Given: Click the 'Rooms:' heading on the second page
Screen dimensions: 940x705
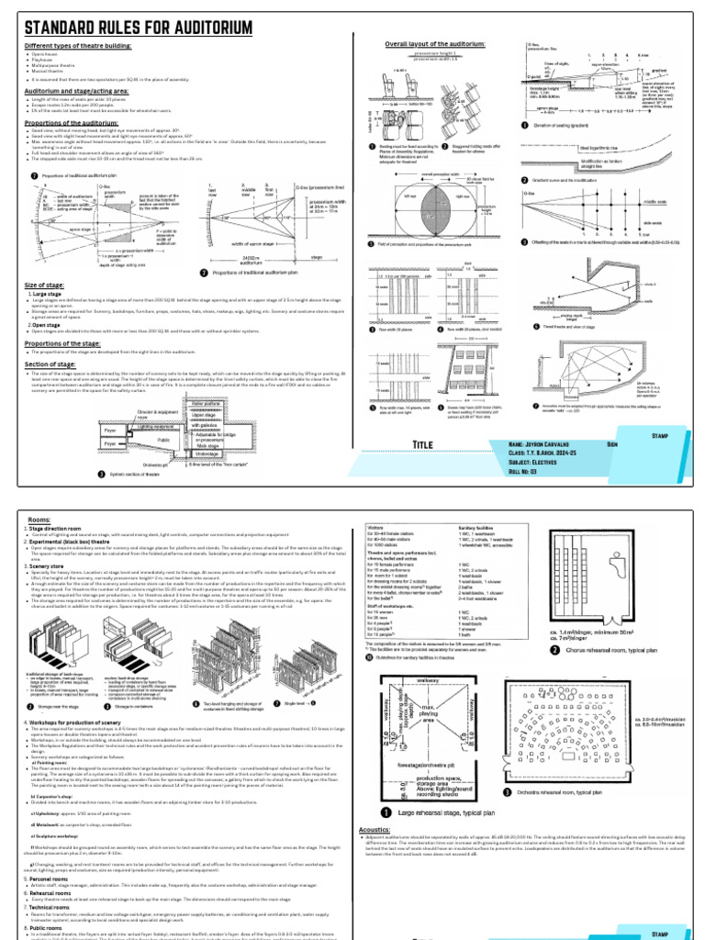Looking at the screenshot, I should coord(40,519).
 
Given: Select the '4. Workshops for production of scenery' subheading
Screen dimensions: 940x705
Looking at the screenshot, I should coord(93,702).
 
